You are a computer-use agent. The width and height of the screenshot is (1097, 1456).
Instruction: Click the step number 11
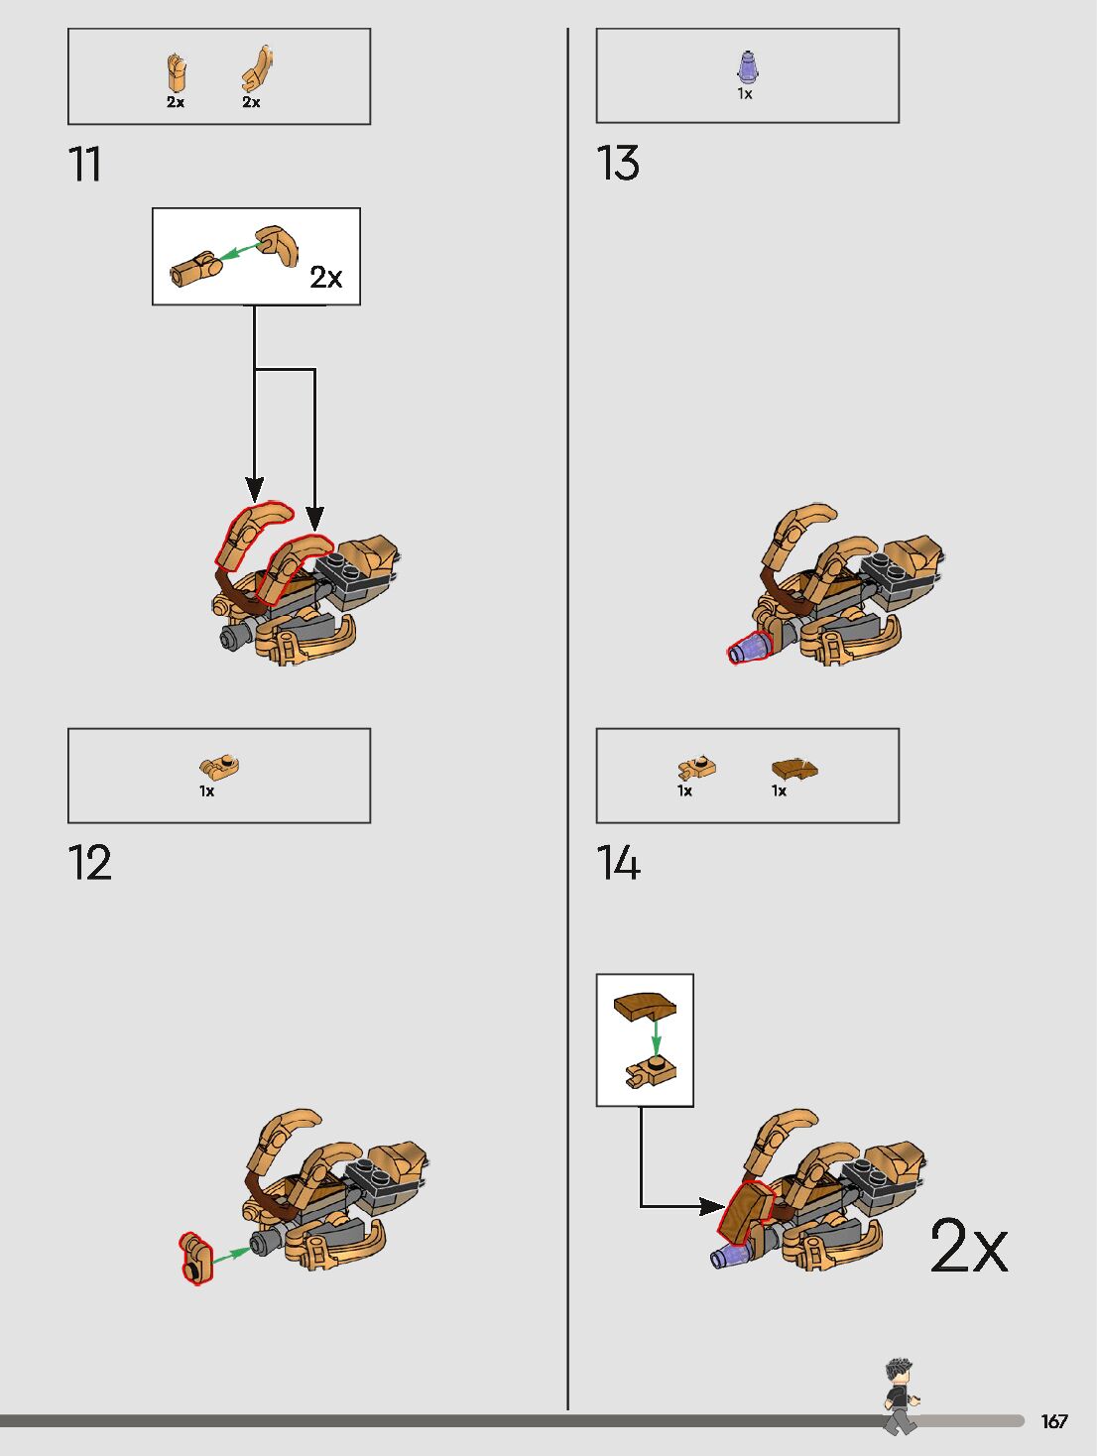[x=84, y=165]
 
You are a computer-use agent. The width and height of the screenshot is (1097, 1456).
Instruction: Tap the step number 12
[x=89, y=863]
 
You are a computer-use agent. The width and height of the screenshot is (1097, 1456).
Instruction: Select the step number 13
[x=617, y=164]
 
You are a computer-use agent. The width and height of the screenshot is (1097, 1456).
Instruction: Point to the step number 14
[x=618, y=863]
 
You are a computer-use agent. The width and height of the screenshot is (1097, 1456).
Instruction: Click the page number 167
[x=1053, y=1421]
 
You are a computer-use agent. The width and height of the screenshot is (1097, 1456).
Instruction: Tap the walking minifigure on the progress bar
[x=901, y=1396]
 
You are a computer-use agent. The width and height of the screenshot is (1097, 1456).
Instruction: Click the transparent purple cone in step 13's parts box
[x=747, y=67]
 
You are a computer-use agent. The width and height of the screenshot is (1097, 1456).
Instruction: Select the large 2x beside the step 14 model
[x=968, y=1246]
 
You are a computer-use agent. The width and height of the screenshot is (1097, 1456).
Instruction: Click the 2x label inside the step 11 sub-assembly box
[x=325, y=277]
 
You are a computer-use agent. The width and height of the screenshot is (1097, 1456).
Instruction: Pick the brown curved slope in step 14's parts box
[x=794, y=768]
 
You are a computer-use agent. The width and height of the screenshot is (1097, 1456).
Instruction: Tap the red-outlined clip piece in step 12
[x=195, y=1259]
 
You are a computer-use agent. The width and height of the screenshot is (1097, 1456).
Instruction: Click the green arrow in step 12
[x=230, y=1255]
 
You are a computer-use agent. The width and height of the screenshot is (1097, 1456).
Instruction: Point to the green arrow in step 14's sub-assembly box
[x=656, y=1038]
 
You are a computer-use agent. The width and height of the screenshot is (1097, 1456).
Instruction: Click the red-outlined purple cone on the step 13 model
[x=749, y=649]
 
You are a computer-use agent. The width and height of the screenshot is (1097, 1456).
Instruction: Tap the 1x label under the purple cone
[x=745, y=94]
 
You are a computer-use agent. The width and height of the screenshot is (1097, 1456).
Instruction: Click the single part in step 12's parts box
[x=219, y=766]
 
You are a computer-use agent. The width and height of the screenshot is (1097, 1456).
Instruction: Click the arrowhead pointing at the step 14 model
[x=712, y=1206]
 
